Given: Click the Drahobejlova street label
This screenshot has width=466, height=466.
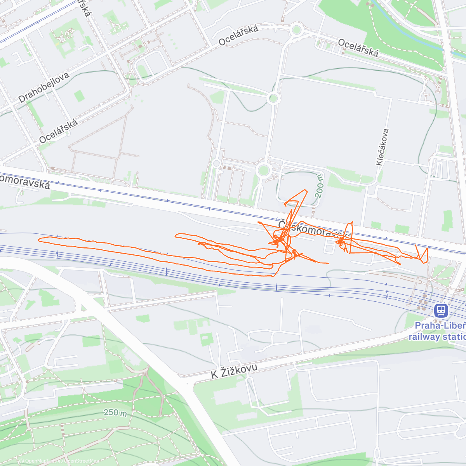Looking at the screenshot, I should click(43, 87).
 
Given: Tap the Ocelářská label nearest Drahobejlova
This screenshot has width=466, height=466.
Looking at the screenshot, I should click(58, 131).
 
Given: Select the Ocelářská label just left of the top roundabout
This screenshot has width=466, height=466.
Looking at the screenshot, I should click(238, 36).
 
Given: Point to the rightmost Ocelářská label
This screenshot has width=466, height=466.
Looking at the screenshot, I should click(358, 48).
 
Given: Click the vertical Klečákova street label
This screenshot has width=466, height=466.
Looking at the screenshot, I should click(382, 147).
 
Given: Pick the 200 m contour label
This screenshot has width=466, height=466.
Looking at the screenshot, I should click(319, 186).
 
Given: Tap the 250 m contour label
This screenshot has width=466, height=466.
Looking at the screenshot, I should click(115, 412).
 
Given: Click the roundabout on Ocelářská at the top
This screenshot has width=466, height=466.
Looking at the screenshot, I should click(297, 30).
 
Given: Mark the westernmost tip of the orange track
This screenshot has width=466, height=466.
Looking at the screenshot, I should click(39, 240).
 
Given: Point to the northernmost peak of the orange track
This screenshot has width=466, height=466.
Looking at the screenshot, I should click(306, 190).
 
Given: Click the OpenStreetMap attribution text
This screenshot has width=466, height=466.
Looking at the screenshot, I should click(80, 461).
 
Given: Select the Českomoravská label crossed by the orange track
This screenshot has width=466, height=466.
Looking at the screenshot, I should click(315, 230).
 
